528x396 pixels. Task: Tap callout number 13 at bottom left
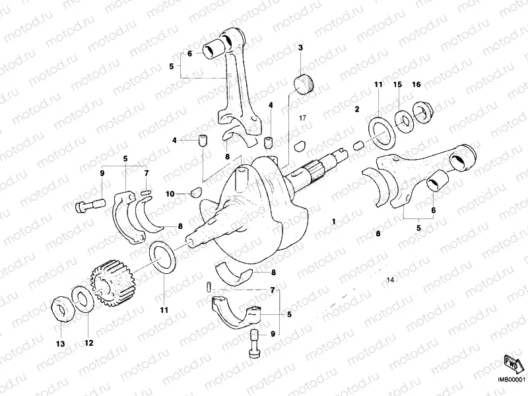tap(60, 344)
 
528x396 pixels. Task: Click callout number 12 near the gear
tap(89, 343)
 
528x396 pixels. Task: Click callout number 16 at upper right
tap(416, 85)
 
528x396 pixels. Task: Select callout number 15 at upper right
tap(397, 85)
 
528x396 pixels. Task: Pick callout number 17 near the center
tap(303, 117)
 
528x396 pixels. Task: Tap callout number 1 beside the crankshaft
tap(334, 222)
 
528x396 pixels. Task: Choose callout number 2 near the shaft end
tap(356, 109)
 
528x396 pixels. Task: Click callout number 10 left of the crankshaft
tap(170, 193)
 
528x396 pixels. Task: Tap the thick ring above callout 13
tap(61, 308)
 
